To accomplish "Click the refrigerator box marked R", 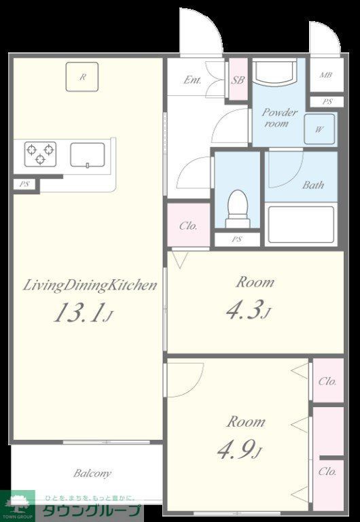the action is [82, 77].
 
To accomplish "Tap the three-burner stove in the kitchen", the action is [40, 154].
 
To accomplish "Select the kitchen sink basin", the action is [88, 155].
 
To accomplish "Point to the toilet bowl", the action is [238, 209].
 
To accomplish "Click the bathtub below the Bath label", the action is [301, 224].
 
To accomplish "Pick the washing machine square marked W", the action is [319, 129].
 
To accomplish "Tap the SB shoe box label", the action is [238, 80].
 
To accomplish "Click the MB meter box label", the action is [326, 75].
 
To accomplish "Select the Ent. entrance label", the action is [192, 80].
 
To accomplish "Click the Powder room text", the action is [278, 118].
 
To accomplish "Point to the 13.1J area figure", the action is [84, 313].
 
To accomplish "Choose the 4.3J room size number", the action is [248, 310].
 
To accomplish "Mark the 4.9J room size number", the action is [240, 449].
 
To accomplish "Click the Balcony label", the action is [92, 473].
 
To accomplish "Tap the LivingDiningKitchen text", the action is [90, 285].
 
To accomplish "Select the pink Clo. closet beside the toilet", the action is [189, 225].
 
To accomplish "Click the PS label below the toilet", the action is [237, 239].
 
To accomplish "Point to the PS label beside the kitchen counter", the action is [24, 184].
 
